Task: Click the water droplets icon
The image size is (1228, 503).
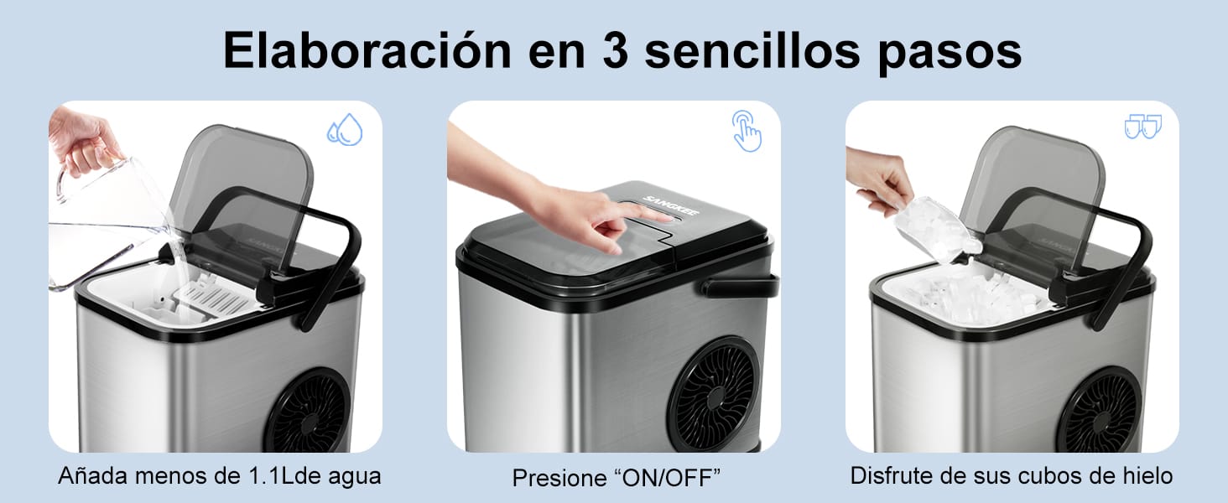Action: (344, 130)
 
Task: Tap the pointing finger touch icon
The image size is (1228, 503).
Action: (746, 130)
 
